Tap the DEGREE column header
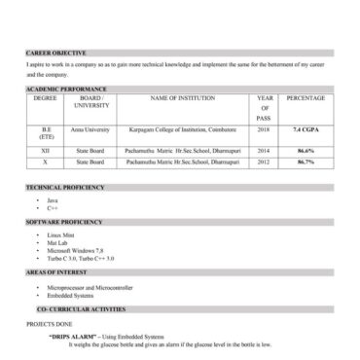(x=45, y=98)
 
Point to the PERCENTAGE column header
(x=306, y=98)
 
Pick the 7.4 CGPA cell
(x=306, y=128)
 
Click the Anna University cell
(x=91, y=128)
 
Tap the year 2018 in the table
(x=264, y=128)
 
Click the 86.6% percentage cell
(x=306, y=151)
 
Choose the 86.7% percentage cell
(x=306, y=162)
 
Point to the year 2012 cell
(x=264, y=162)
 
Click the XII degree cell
(x=45, y=151)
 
